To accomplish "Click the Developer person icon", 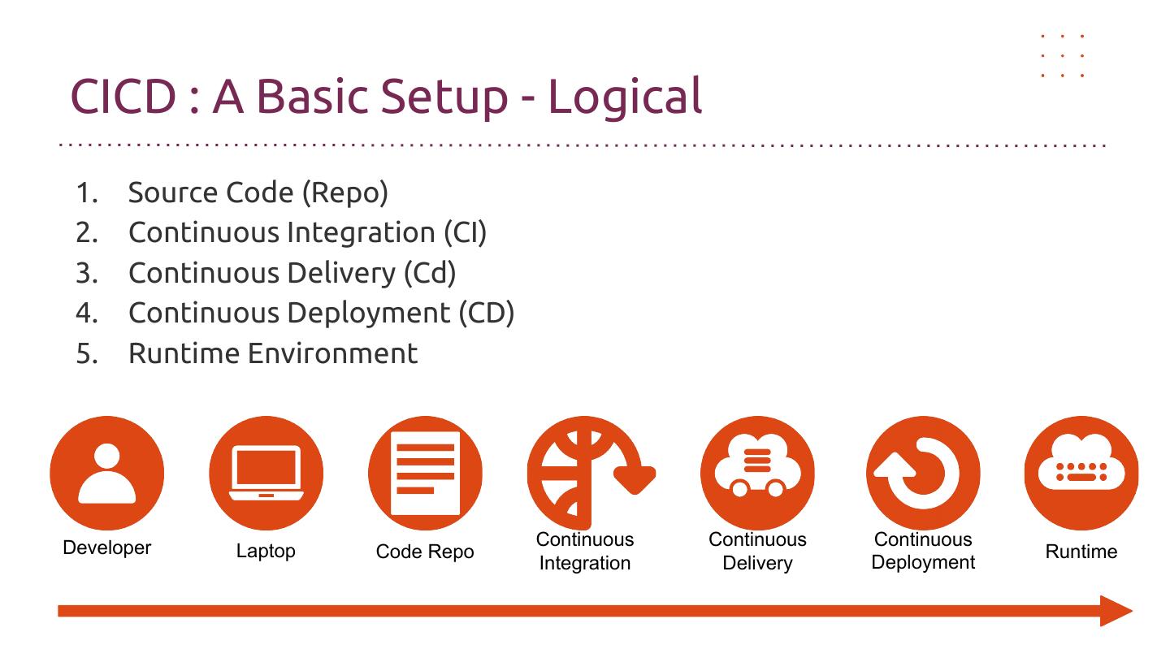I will coord(106,473).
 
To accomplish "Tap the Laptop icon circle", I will coord(266,473).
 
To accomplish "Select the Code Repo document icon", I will coord(425,473).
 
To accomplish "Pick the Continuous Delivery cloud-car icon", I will coord(757,473).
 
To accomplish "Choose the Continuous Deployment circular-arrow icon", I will coord(923,473).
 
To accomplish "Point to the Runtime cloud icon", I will coord(1081,473).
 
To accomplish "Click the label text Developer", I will coord(106,548).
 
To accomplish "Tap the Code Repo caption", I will coord(425,552).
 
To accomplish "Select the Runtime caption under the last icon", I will coord(1081,552).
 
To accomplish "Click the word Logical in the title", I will coord(625,96).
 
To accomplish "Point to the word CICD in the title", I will coord(123,96).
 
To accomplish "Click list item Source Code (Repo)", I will coord(258,193).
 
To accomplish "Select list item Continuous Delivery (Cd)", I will coord(292,273).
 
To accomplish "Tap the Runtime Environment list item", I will coord(272,353).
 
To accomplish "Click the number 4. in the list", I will coord(86,314).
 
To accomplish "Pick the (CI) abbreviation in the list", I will coord(465,233).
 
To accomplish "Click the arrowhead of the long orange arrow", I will coord(1116,611).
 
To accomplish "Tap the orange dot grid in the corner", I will coord(1063,56).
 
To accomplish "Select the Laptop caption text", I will coord(266,552).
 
